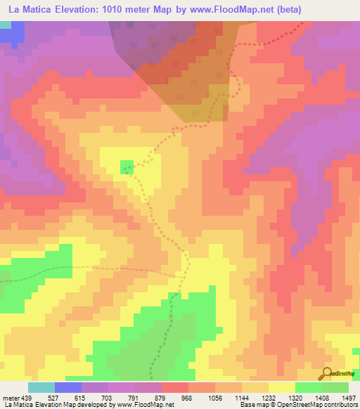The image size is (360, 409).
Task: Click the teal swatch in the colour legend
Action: click(x=41, y=387)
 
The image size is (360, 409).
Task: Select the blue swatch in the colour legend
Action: click(x=68, y=387)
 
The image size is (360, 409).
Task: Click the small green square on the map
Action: click(x=127, y=167)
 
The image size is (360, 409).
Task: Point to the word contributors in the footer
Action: click(x=340, y=404)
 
